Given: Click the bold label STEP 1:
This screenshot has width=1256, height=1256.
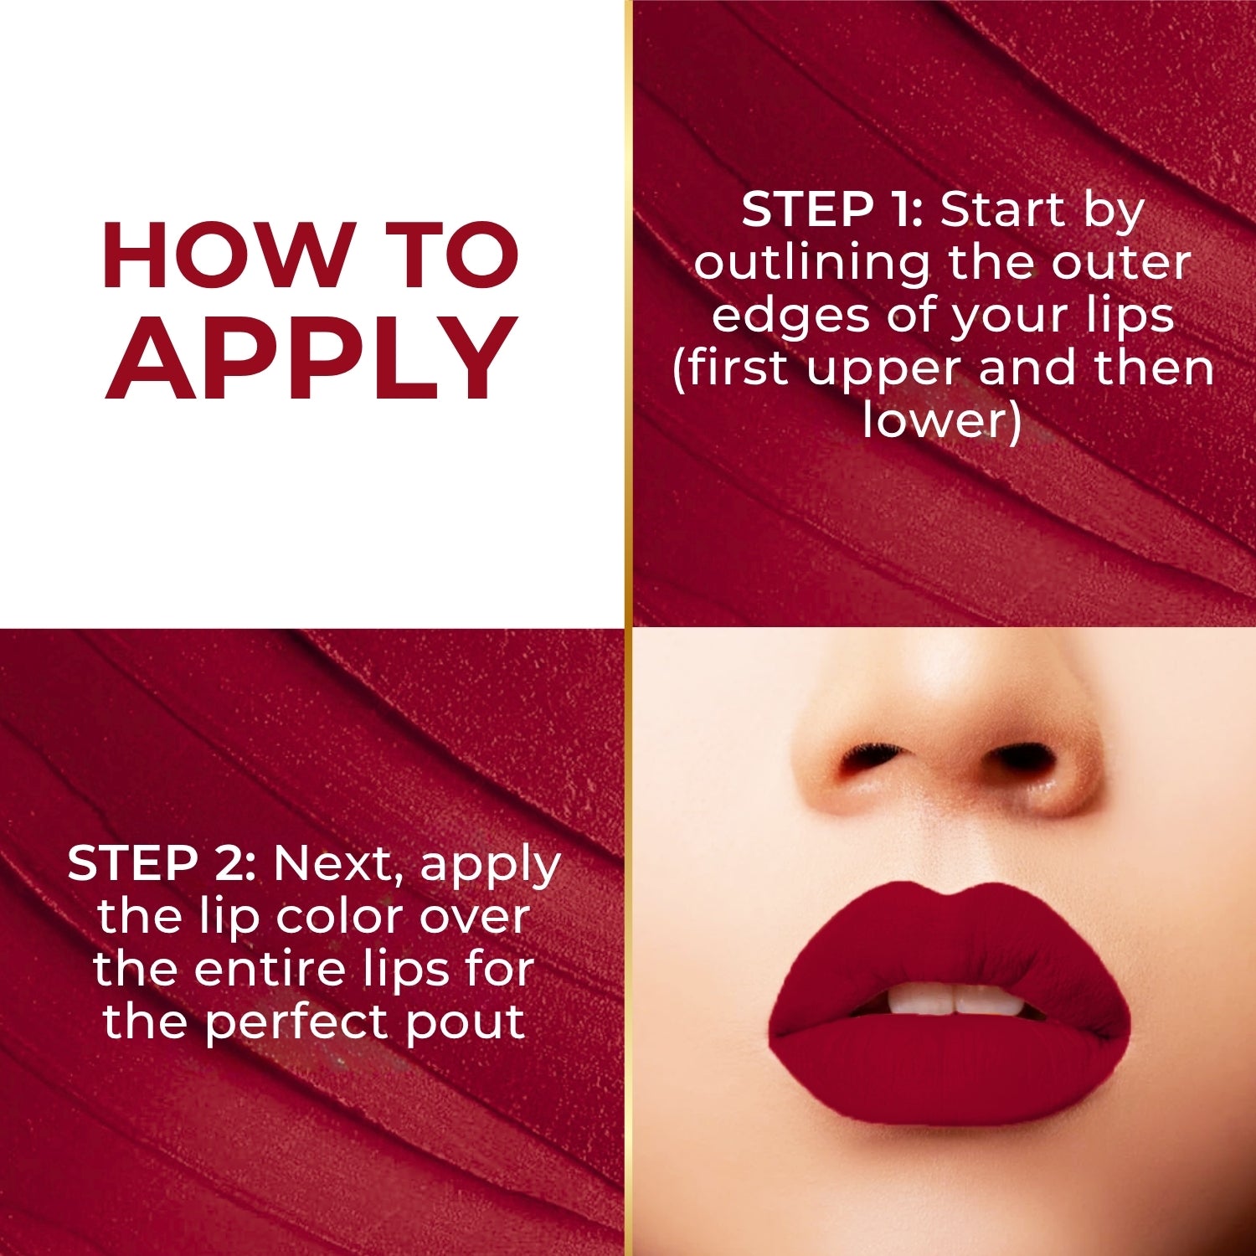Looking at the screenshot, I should click(x=831, y=209).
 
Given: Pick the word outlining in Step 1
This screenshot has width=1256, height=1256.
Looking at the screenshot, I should click(x=811, y=263).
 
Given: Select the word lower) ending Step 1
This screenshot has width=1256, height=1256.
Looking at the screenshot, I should click(x=942, y=420).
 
